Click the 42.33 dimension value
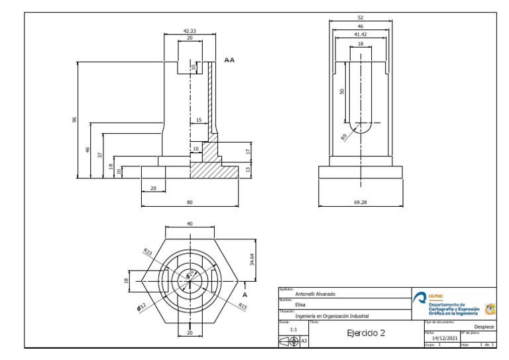tap(190, 30)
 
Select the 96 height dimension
tap(74, 120)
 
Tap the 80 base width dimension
tap(190, 202)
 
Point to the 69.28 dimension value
tap(360, 202)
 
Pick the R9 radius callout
tap(344, 137)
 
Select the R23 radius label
tap(147, 251)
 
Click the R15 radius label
tap(244, 306)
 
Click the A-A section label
tap(229, 60)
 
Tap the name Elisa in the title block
tap(301, 306)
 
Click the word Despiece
tap(484, 326)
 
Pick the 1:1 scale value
tap(293, 328)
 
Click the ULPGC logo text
tap(437, 296)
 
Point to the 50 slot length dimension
tap(342, 91)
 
